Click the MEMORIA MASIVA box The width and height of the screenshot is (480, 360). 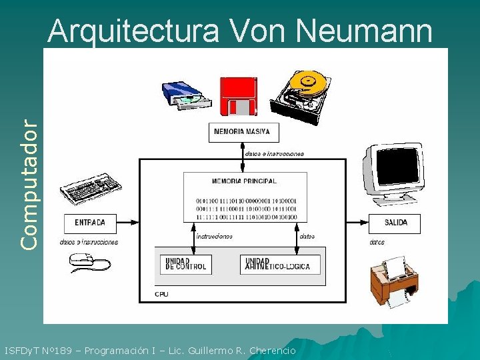click(x=242, y=132)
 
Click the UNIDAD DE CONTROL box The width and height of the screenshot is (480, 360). click(x=186, y=264)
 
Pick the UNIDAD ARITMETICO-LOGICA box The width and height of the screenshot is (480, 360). click(x=280, y=264)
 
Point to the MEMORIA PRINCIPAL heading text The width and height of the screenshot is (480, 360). click(x=245, y=181)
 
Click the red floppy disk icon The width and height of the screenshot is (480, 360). click(x=238, y=96)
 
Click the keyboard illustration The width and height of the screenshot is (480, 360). click(x=89, y=185)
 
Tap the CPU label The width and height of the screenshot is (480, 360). click(x=161, y=294)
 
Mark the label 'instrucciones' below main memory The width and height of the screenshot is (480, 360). click(x=214, y=236)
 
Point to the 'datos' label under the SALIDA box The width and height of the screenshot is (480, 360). click(x=377, y=243)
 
